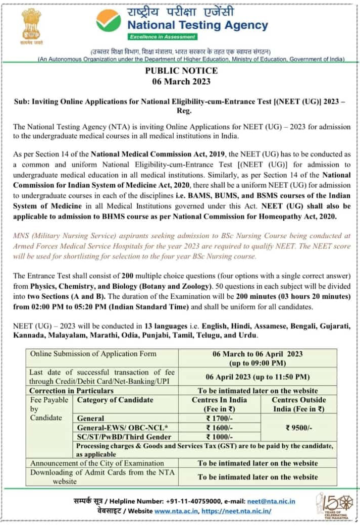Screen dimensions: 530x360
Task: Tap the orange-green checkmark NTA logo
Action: pos(109,21)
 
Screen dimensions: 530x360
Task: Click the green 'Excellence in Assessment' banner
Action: pos(162,37)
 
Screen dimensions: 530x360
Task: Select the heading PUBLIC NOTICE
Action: pos(180,71)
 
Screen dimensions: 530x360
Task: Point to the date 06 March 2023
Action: pos(180,81)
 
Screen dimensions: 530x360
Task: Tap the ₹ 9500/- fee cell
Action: pos(299,428)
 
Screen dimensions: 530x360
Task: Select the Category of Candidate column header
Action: pos(115,400)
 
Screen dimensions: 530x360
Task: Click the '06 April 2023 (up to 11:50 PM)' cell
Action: pos(258,377)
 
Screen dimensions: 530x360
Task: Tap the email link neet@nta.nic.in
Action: pos(271,501)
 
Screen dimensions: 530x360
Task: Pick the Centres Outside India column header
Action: pos(299,404)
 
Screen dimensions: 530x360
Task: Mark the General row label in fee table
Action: pos(91,418)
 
